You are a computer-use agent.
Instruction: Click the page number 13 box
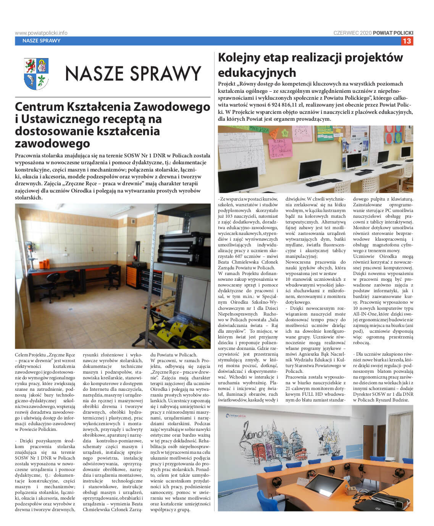[x=407, y=41]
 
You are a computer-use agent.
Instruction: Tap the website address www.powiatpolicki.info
[x=41, y=33]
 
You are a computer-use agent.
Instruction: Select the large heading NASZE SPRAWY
[x=133, y=74]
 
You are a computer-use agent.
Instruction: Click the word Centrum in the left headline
[x=40, y=107]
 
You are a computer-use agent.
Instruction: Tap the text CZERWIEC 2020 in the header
[x=352, y=33]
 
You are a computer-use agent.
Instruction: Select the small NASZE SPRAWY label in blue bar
[x=41, y=41]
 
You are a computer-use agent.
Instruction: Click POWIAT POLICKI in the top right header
[x=393, y=33]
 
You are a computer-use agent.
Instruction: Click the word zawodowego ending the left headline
[x=53, y=143]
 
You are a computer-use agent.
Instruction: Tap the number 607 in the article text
[x=237, y=256]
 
